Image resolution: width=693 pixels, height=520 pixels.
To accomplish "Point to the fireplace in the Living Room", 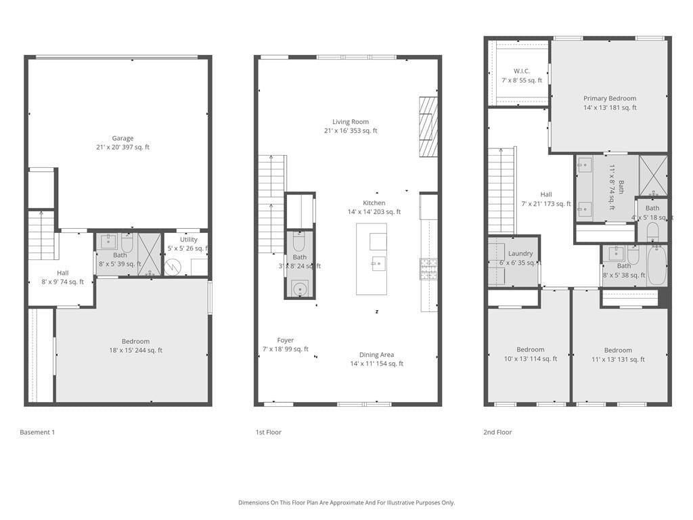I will [x=428, y=127].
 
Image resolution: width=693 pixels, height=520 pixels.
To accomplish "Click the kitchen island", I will [x=372, y=259].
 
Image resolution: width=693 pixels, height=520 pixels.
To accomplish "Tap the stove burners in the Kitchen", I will [x=428, y=269].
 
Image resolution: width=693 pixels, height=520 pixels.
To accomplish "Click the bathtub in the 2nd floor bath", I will [x=656, y=265].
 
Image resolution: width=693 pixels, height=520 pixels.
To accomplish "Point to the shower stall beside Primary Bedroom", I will [x=653, y=175].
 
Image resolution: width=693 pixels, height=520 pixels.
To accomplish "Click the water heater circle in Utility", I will [x=173, y=267].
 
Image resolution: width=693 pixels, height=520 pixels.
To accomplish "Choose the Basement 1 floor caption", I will [x=37, y=432].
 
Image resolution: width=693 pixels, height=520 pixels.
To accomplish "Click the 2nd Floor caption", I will [x=498, y=432].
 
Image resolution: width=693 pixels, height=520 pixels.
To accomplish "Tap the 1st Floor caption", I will [x=269, y=432].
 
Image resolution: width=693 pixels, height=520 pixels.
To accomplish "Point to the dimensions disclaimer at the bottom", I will [x=346, y=502].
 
